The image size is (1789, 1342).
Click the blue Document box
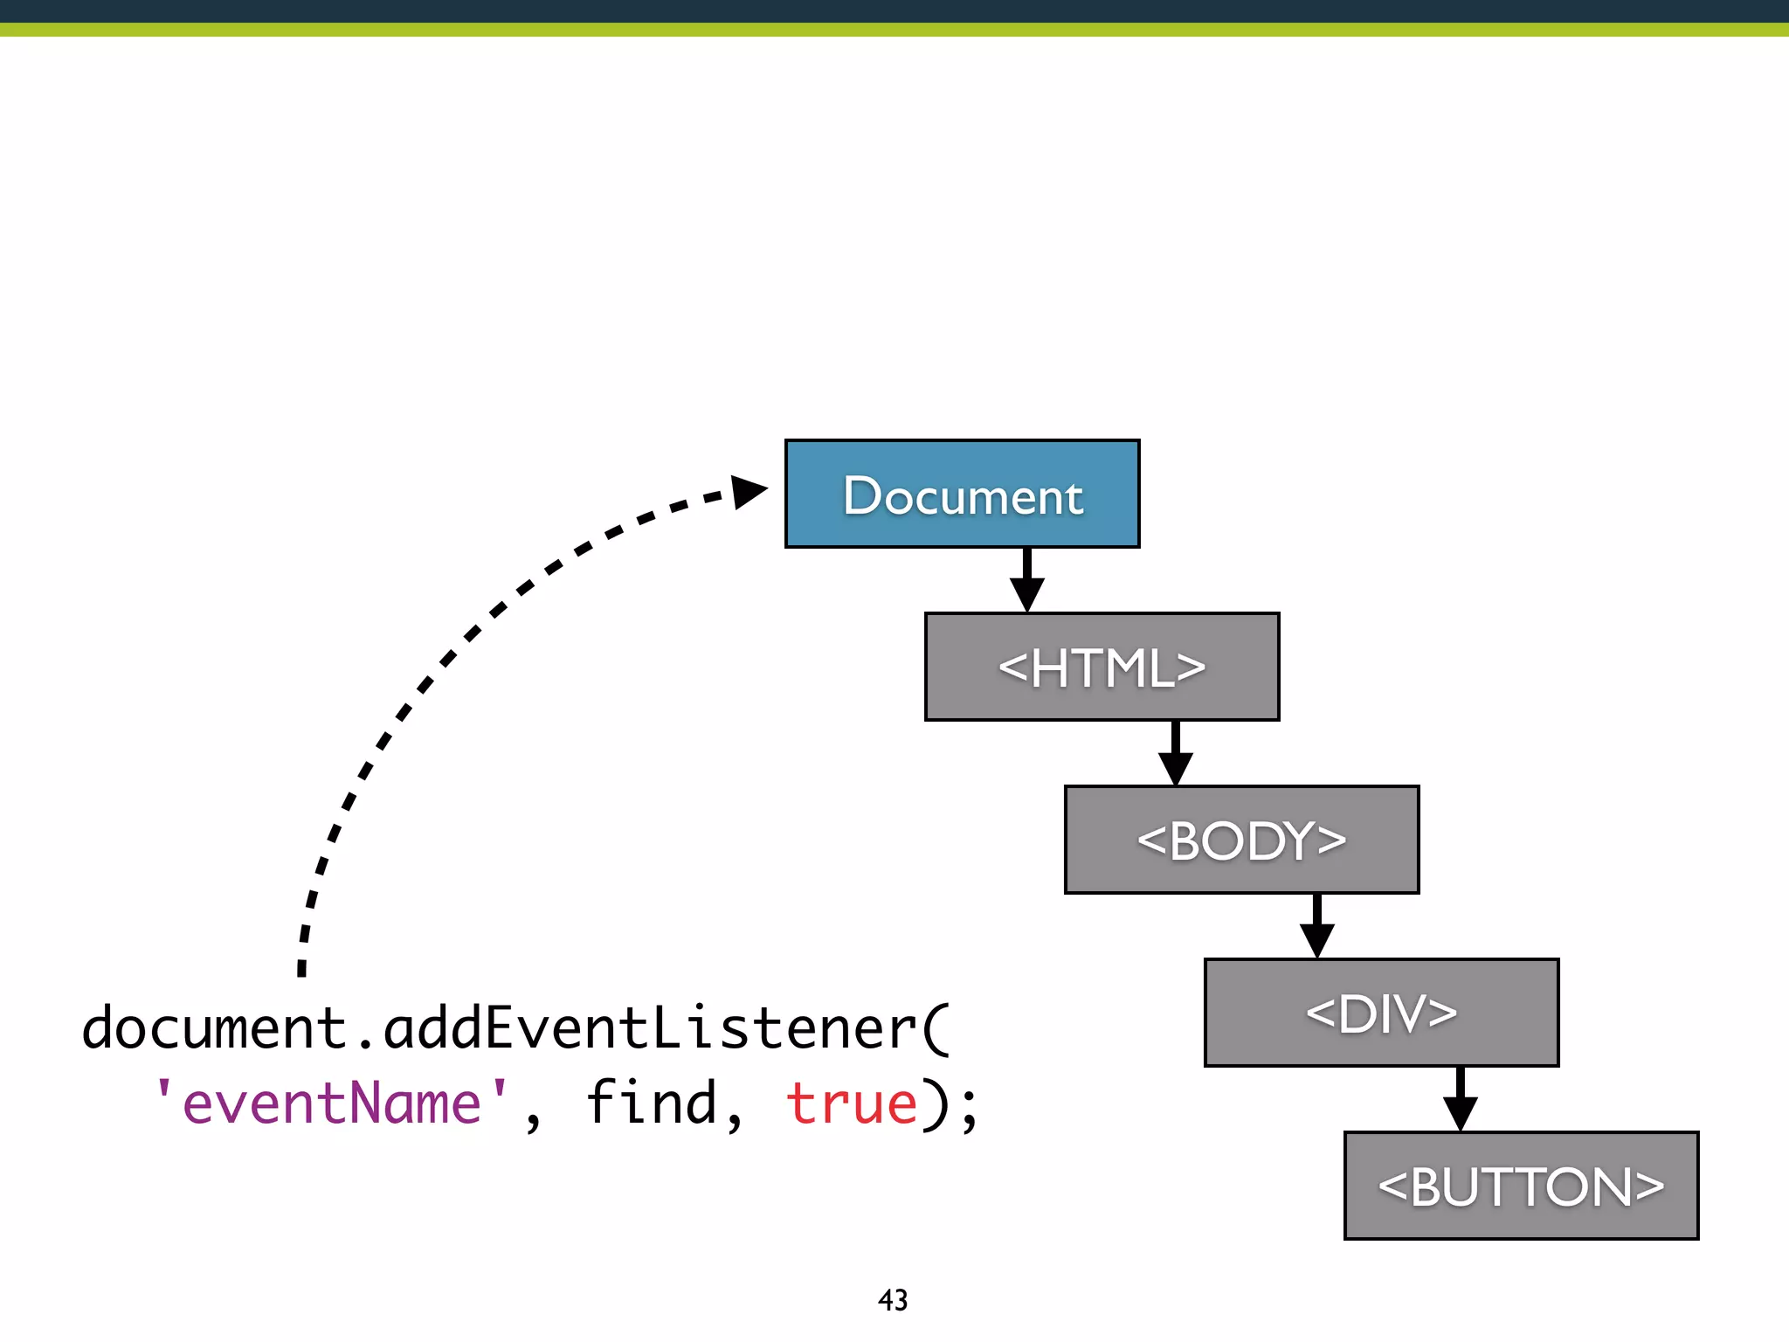(962, 494)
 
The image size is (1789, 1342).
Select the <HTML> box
(1102, 667)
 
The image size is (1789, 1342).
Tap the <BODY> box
(1241, 840)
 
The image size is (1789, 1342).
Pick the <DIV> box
(1381, 1013)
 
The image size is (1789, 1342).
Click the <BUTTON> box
(1521, 1186)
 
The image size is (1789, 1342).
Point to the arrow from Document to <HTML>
(1027, 581)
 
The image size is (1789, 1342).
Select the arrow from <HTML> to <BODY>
(1176, 754)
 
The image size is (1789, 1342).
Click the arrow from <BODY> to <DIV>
(1316, 927)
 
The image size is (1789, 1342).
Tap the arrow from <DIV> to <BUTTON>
(1460, 1100)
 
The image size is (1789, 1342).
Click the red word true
(852, 1103)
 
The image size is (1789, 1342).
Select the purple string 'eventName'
(331, 1103)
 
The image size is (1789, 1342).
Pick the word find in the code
(651, 1103)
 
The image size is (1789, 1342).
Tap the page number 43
(893, 1300)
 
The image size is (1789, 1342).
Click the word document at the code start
(214, 1028)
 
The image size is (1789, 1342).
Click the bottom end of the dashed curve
(301, 968)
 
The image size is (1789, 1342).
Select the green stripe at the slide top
(894, 30)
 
